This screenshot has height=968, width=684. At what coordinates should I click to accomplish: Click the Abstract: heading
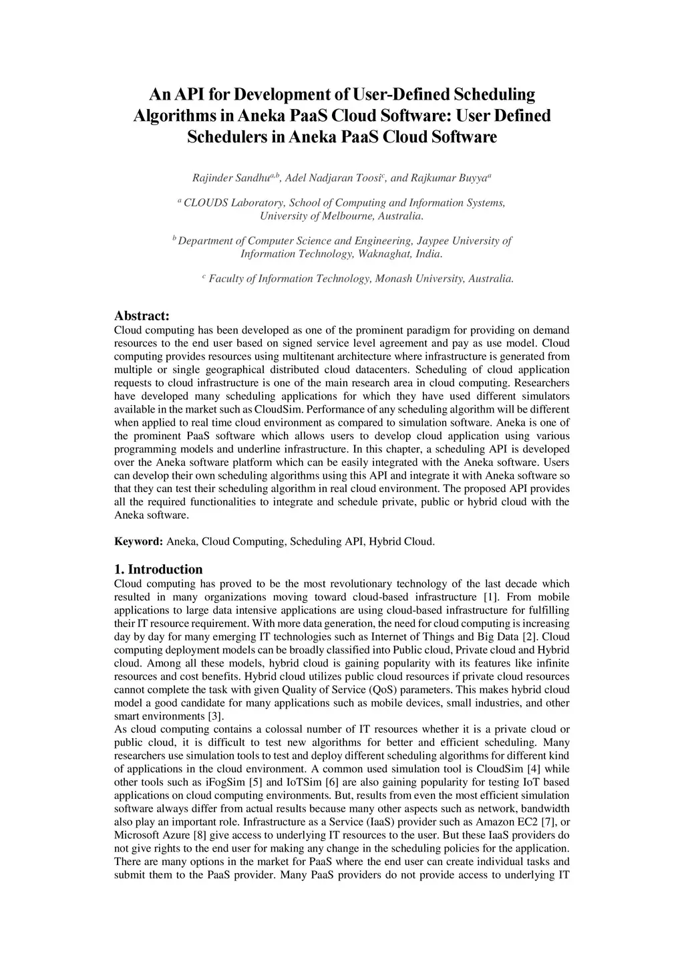click(142, 316)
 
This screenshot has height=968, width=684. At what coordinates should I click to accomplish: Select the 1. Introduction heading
click(158, 570)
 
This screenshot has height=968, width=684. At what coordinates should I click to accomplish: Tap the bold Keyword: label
click(138, 541)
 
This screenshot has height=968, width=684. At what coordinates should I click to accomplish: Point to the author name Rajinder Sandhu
click(222, 178)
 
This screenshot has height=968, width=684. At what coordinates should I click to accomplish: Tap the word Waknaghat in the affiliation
click(385, 254)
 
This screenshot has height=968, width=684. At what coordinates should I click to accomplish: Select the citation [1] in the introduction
click(490, 597)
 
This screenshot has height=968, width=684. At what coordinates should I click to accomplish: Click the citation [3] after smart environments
click(215, 717)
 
